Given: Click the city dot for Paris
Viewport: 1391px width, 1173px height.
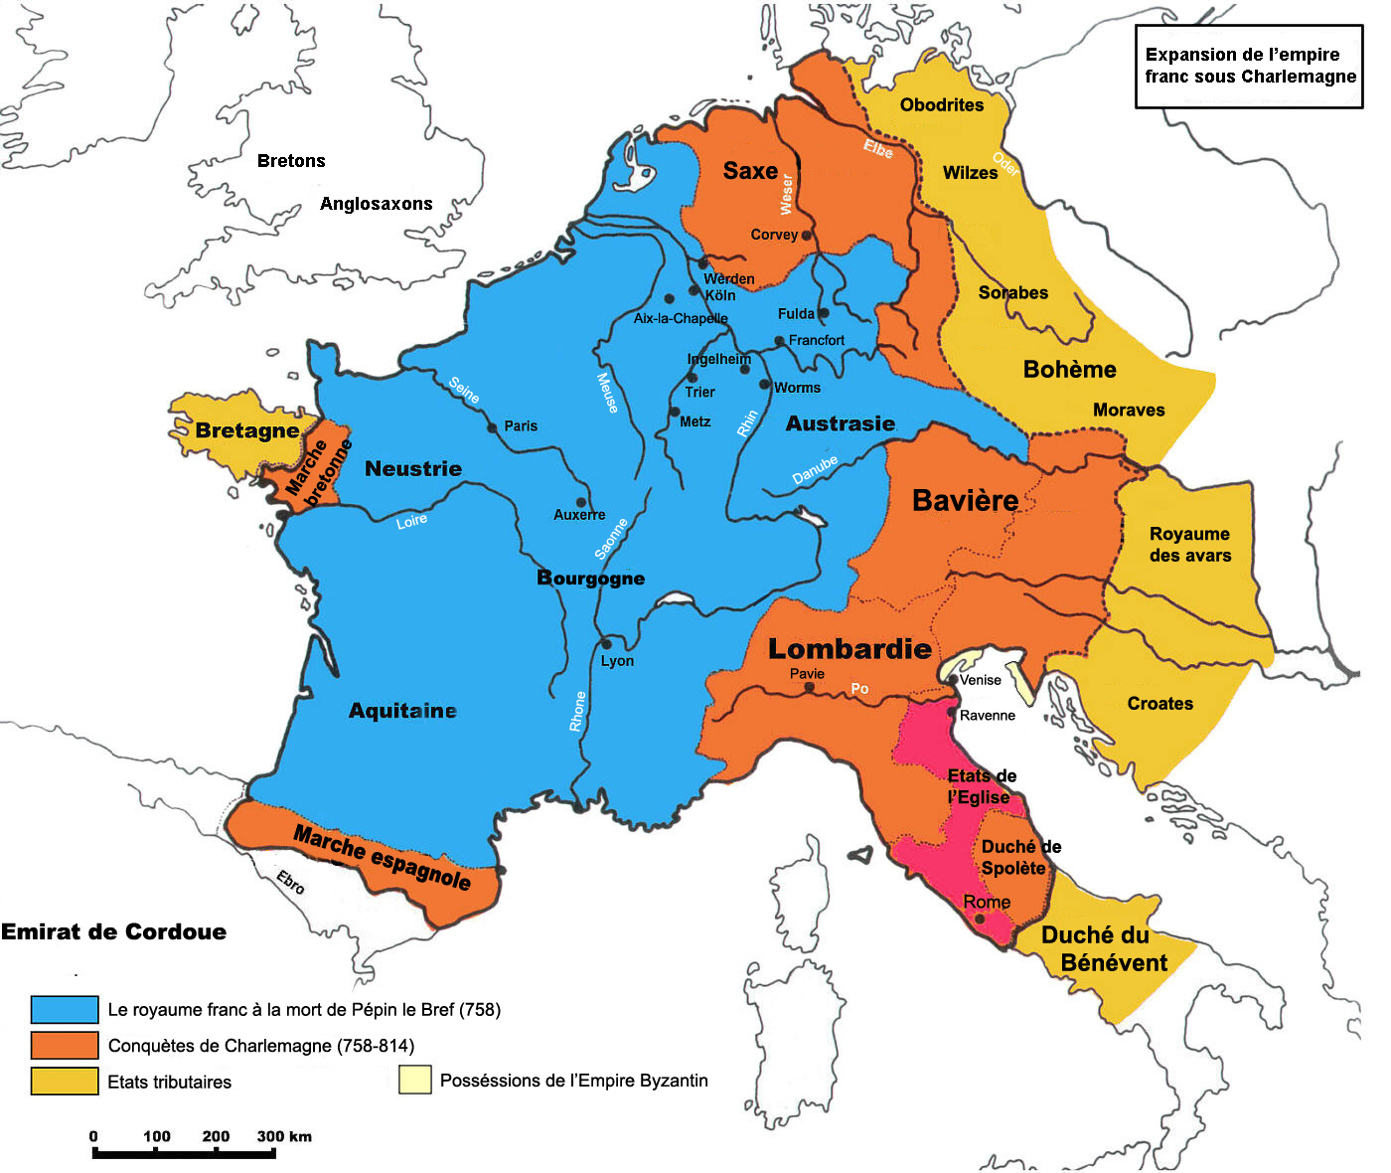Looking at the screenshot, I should point(492,428).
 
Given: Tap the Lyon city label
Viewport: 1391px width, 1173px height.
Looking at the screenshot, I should point(617,661).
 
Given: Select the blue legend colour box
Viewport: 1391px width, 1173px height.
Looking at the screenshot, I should point(65,1009).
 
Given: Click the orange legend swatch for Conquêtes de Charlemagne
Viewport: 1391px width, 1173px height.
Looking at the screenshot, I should point(65,1045).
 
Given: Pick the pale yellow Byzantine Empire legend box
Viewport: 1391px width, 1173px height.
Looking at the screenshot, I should point(415,1080).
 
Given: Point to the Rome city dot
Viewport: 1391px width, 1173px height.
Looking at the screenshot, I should point(980,919).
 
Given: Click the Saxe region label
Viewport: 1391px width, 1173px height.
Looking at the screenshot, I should point(750,171).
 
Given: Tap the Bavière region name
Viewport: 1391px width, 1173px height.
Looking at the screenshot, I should point(965,501).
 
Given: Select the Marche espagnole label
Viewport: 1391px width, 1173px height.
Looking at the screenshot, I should point(383,857).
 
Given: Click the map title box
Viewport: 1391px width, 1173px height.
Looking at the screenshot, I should point(1249,66).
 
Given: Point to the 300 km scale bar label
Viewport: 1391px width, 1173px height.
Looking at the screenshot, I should point(284,1136).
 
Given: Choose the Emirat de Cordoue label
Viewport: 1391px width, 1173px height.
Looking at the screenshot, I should point(113,931).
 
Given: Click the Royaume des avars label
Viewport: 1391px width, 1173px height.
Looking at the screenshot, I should point(1189,545).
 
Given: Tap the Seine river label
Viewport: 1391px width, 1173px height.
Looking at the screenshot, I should point(464,390).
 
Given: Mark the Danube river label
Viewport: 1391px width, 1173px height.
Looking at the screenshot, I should point(815,470).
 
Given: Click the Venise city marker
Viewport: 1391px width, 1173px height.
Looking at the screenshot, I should point(953,680).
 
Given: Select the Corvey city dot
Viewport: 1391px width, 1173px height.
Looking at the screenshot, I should point(806,236).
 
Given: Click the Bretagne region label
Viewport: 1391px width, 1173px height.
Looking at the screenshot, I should point(246,430).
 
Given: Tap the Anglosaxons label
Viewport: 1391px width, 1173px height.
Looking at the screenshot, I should point(376,204).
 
